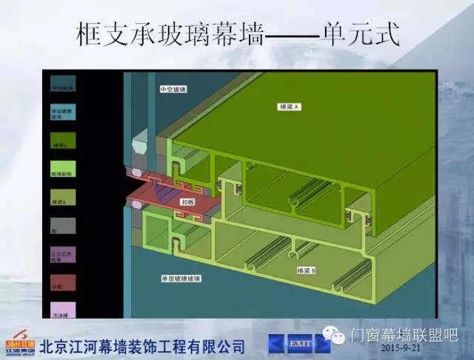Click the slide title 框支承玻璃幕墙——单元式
[x=238, y=33]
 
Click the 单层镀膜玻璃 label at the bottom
[x=181, y=279]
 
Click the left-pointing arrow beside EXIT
[x=276, y=344]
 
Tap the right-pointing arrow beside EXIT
[x=323, y=344]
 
